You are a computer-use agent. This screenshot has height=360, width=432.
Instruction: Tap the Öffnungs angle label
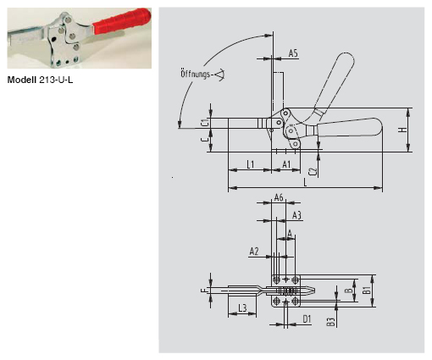point(197,72)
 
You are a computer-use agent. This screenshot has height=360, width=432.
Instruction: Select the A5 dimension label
point(293,53)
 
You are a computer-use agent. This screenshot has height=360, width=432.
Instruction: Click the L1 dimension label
point(252,163)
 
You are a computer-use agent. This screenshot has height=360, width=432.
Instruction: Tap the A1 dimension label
point(286,163)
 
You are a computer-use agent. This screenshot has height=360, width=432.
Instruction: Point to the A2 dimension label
point(254,252)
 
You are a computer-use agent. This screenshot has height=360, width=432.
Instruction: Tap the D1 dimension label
point(307,319)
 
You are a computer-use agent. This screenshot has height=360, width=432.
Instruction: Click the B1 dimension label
point(367,290)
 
